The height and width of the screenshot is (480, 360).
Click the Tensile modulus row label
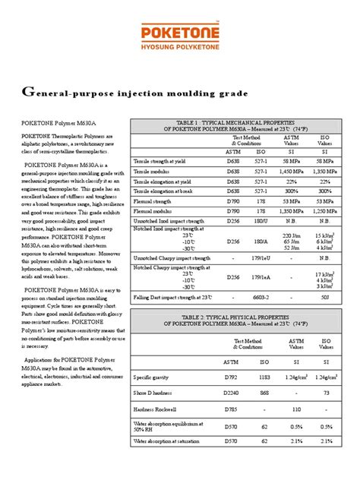click(x=156, y=172)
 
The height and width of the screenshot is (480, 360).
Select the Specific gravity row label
click(x=153, y=397)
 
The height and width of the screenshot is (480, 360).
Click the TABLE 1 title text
click(x=239, y=122)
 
